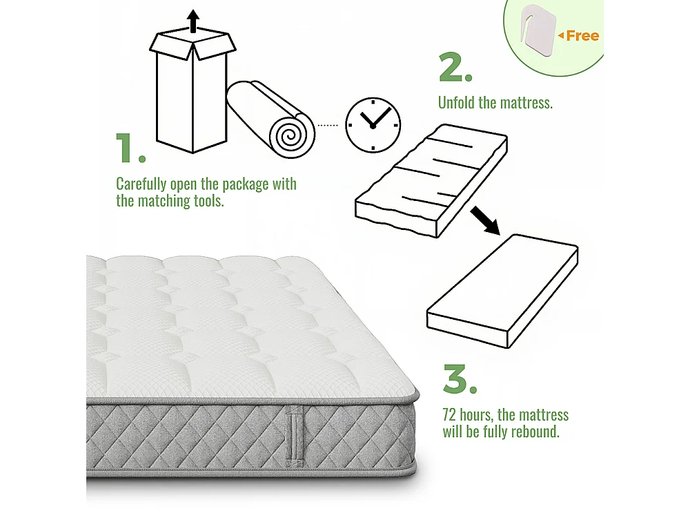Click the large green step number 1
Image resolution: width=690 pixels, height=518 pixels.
point(130,148)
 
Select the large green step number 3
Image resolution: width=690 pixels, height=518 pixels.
point(460,378)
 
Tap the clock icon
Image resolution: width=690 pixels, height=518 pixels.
point(373,125)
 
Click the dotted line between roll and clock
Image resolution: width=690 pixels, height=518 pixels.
point(328,125)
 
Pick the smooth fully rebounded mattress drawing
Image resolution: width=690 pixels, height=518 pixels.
point(502,290)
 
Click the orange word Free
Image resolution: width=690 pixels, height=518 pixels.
point(582,36)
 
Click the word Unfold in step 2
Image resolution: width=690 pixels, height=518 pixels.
point(457,103)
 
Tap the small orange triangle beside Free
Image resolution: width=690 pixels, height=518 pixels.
point(561,35)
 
